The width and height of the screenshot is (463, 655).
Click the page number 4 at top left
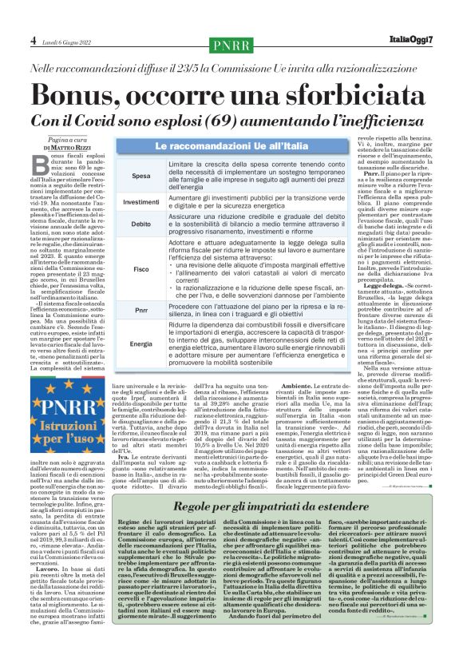click(11, 39)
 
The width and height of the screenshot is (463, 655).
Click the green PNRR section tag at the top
click(231, 43)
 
